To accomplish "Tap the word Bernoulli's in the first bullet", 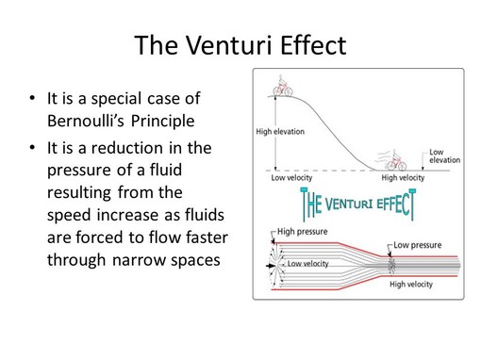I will [91, 122].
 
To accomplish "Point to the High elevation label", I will [280, 130].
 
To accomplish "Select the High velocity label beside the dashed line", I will [403, 176].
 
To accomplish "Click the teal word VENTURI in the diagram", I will [351, 201].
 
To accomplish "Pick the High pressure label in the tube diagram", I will [301, 229].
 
